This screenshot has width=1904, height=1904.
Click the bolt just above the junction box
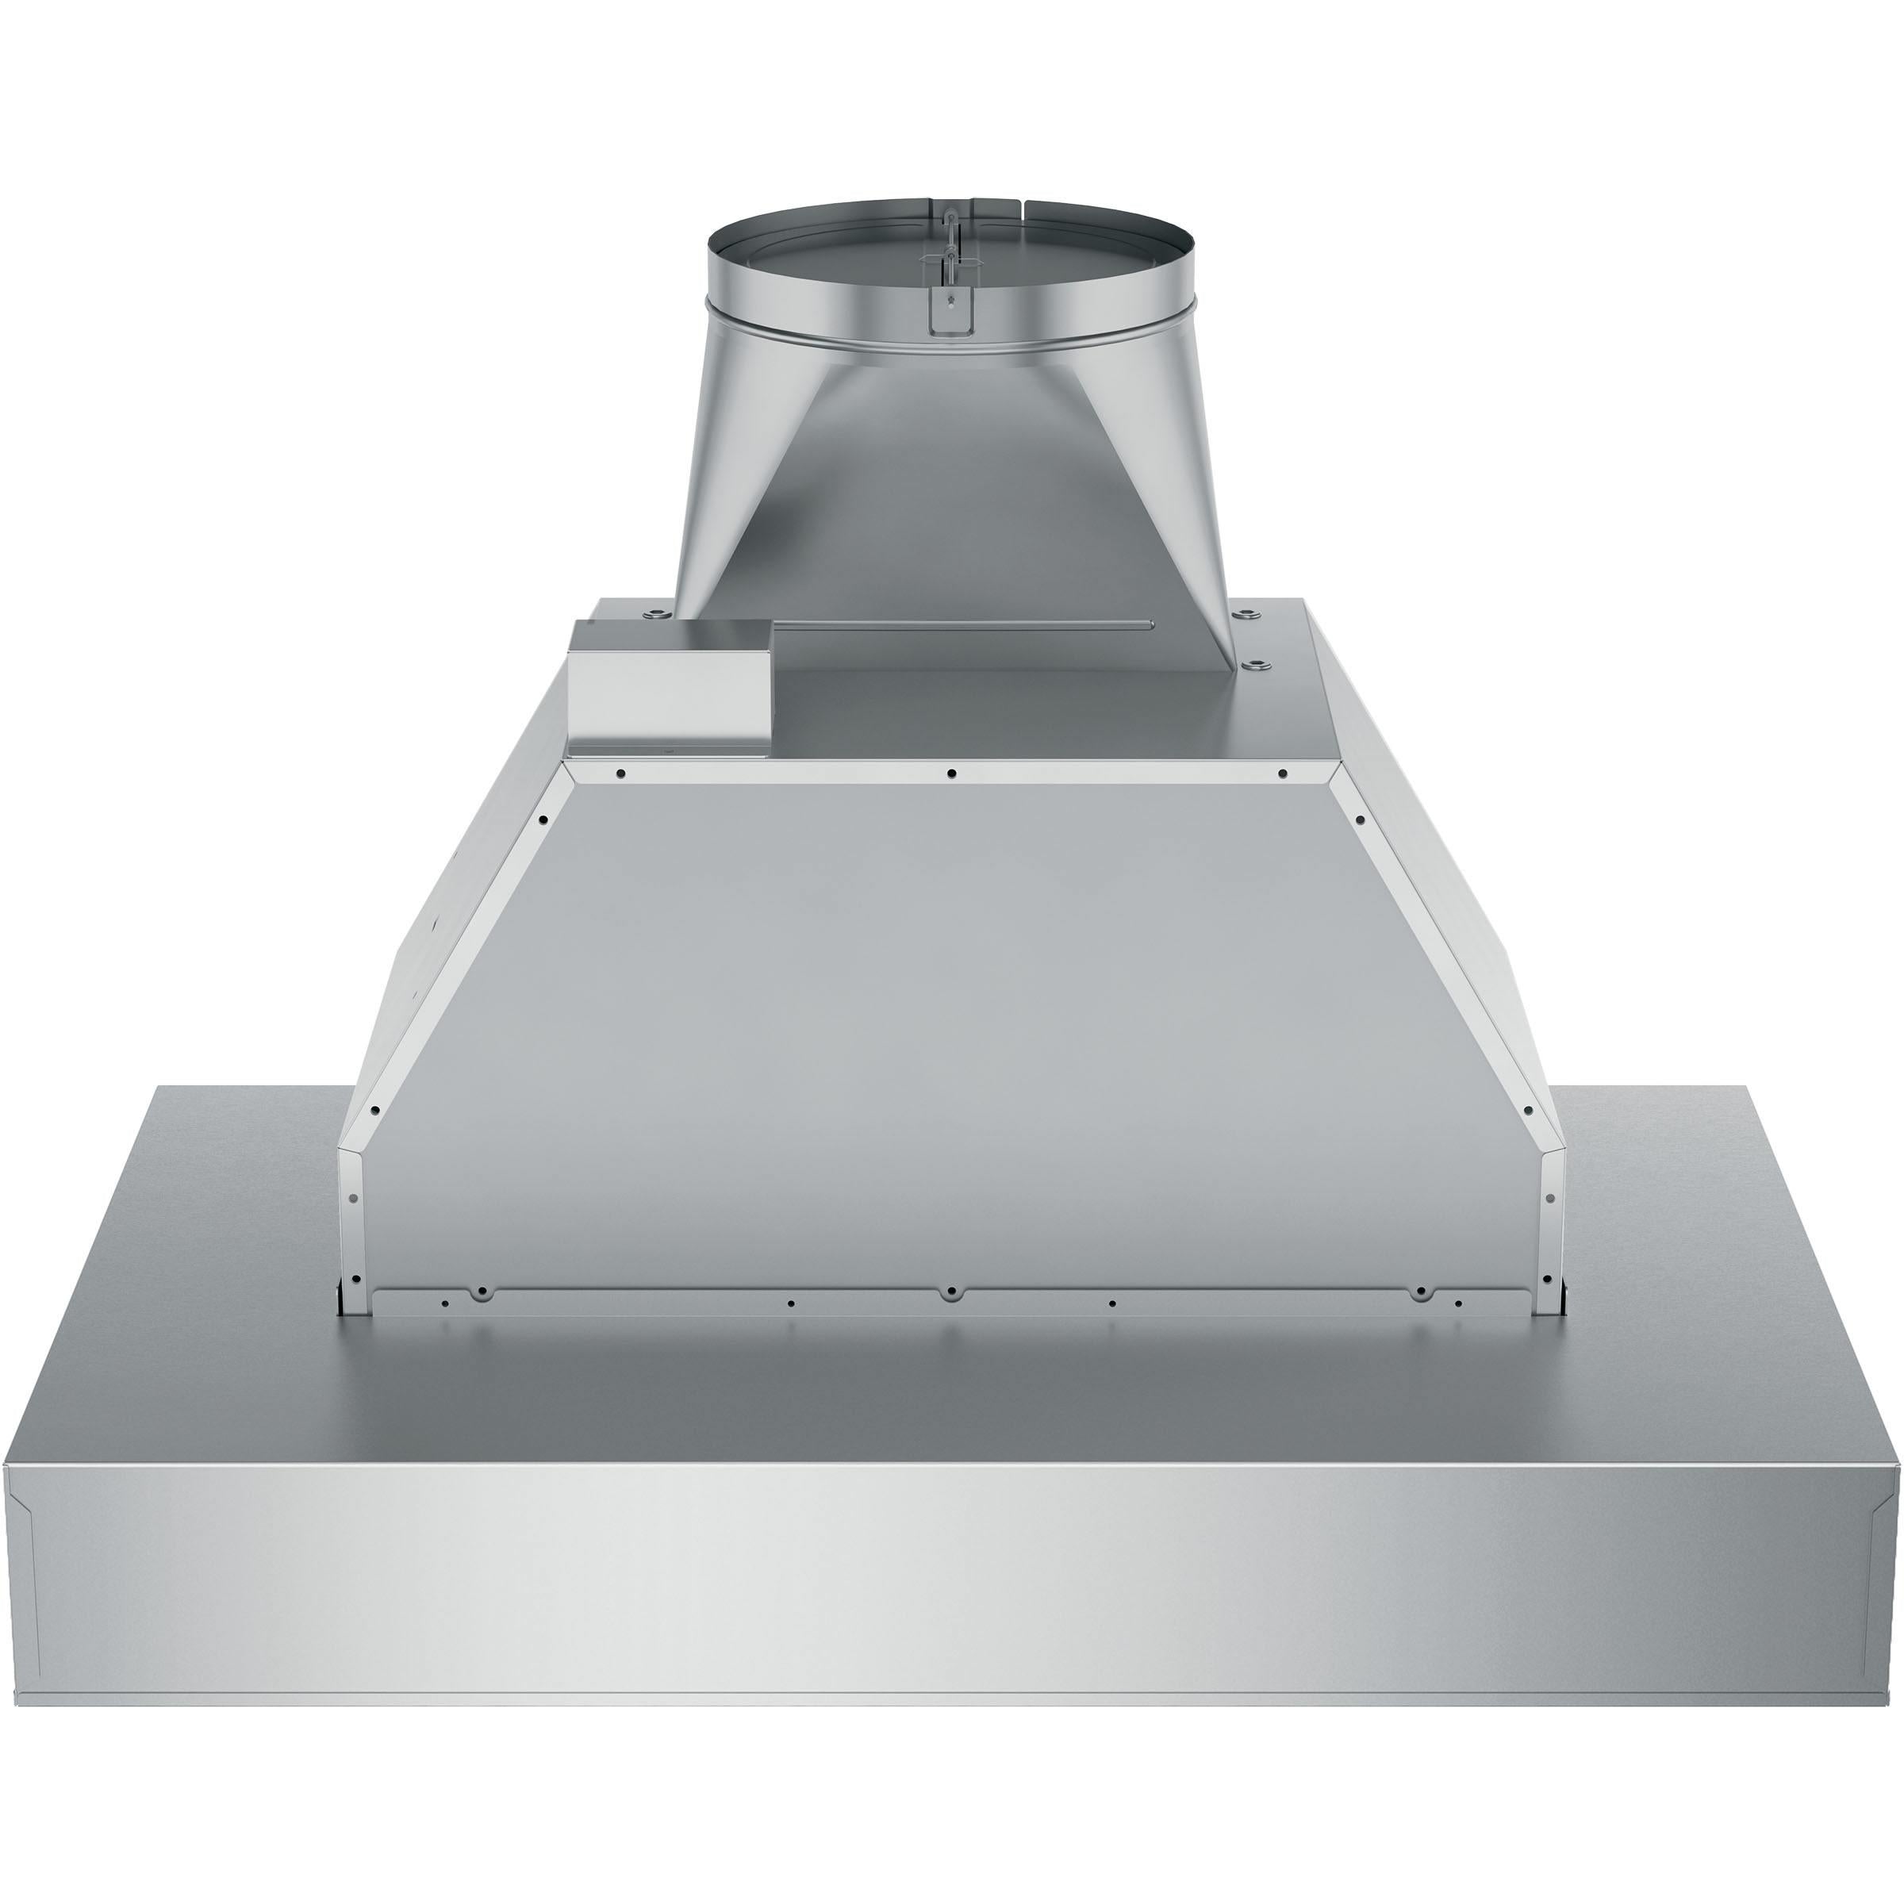652,616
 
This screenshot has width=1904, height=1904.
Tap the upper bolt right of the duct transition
1249,615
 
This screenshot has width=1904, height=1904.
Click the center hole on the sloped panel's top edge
951,773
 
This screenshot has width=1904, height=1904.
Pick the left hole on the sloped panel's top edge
621,773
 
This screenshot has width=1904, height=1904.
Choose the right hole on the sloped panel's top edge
1282,773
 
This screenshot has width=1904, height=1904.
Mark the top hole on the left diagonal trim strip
543,819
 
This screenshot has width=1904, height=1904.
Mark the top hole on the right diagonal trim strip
1360,819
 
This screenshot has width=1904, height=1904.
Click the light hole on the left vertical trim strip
354,1199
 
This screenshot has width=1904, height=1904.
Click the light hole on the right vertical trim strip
1549,1199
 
